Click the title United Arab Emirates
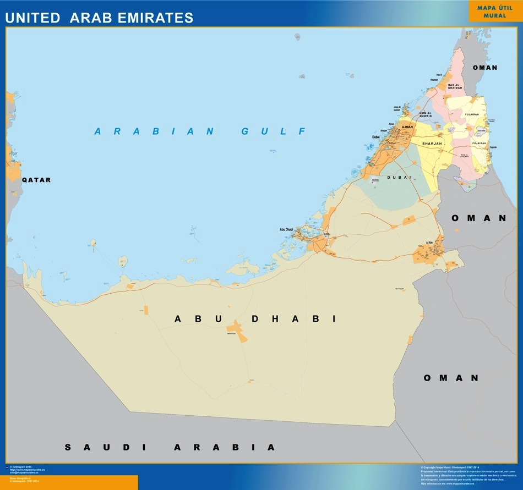(99, 18)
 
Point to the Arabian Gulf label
(200, 131)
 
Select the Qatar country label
(36, 180)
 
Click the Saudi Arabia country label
(170, 447)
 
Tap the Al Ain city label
(430, 243)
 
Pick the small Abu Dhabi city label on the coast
(287, 229)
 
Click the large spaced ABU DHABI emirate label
(255, 319)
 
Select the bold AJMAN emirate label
(407, 127)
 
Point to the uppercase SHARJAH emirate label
(432, 144)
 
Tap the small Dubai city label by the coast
(376, 137)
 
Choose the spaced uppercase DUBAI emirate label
(399, 177)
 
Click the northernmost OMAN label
(485, 68)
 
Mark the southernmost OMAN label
(451, 378)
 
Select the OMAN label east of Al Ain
(478, 218)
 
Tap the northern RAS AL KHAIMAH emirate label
(454, 86)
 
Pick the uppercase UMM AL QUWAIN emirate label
(425, 114)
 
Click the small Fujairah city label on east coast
(493, 147)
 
